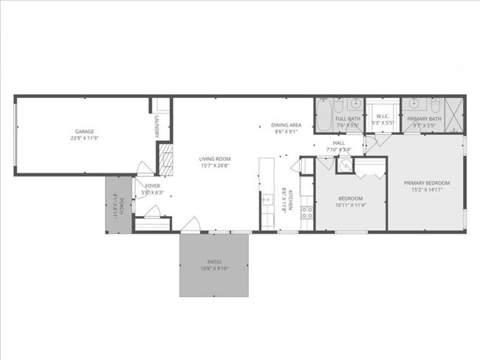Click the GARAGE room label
83,131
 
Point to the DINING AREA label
286,125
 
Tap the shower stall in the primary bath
453,116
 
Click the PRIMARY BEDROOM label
426,183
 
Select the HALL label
339,143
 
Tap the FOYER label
152,186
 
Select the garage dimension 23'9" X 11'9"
83,138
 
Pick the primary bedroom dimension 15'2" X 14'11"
426,190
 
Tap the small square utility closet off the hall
344,165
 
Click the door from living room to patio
191,226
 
